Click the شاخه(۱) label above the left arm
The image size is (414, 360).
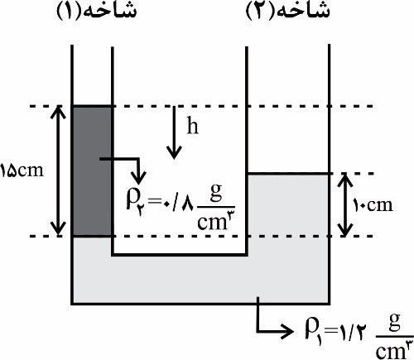[x=96, y=12]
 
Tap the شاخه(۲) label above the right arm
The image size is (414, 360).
[x=287, y=12]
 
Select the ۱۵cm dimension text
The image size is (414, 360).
[x=22, y=171]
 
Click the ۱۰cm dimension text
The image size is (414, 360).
[x=373, y=205]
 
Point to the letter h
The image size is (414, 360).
[x=193, y=125]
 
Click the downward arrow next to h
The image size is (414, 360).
[x=174, y=132]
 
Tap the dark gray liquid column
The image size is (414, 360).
[x=92, y=171]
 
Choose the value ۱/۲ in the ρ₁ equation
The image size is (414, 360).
[x=351, y=332]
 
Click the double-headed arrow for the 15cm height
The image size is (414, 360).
[x=58, y=170]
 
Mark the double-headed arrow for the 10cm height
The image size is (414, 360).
[x=344, y=204]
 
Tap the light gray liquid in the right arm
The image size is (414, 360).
[x=288, y=205]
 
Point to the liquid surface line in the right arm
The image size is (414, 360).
[x=288, y=174]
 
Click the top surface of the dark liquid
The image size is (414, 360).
[x=92, y=106]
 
